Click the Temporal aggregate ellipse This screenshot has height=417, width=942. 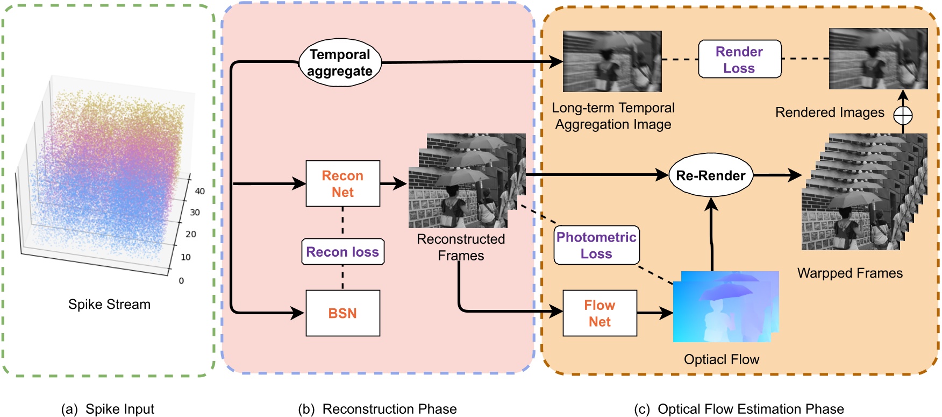coord(340,62)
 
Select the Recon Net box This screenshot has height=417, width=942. coord(343,183)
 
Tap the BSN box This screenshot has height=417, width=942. coord(343,313)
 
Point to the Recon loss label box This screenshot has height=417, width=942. coord(343,252)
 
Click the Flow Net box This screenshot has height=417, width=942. coord(600,313)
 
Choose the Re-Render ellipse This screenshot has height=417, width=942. coord(711,175)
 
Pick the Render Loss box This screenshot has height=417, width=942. coord(740,59)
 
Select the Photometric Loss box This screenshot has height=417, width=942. coord(597,245)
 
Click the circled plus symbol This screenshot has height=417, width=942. coord(903,115)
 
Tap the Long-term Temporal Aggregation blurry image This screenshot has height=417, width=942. coord(612,61)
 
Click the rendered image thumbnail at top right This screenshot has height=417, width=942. coord(879,59)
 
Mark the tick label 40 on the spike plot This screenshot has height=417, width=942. coord(200,191)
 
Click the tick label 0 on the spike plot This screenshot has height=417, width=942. coord(181,281)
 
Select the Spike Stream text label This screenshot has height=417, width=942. coord(109,305)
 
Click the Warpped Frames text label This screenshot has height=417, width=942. coord(850,273)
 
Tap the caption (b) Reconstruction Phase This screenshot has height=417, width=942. coord(377,409)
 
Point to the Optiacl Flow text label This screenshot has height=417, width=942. coord(722,359)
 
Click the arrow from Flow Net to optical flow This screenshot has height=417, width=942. coord(655,313)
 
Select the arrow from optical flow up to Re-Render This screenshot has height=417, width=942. coord(712,234)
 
